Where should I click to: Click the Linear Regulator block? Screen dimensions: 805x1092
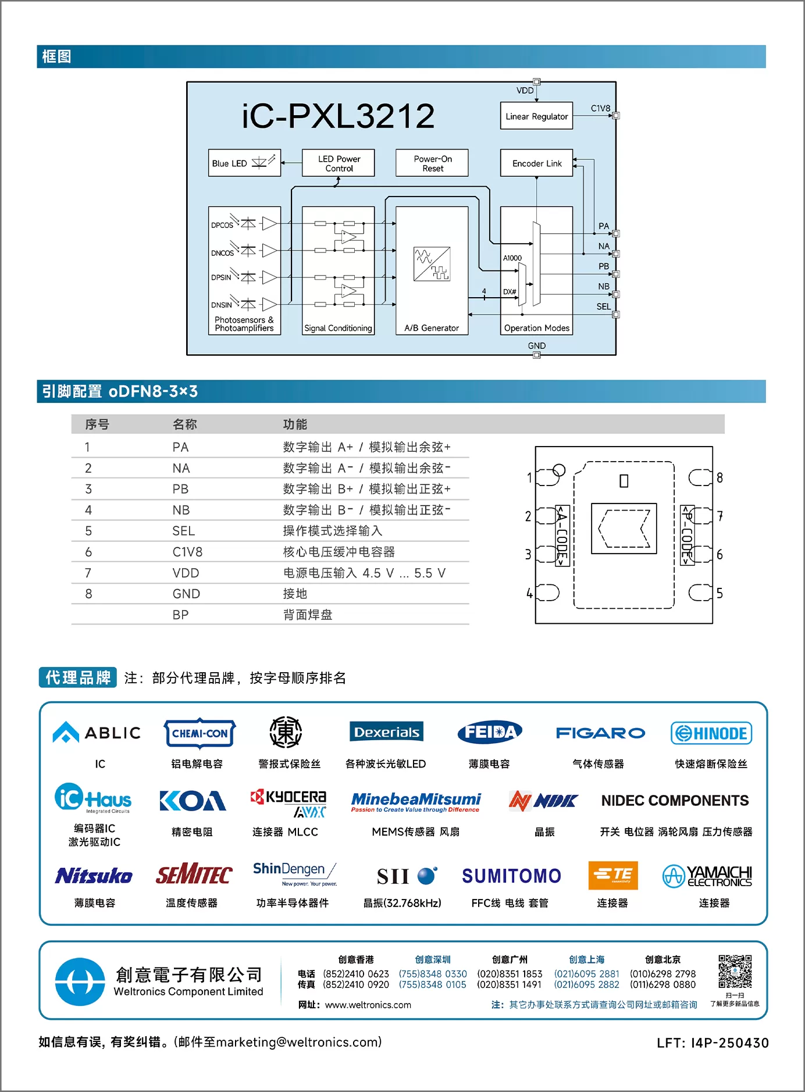[x=536, y=116]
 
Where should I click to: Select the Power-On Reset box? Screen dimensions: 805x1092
[x=432, y=163]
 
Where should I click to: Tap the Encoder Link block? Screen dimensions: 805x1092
[x=536, y=163]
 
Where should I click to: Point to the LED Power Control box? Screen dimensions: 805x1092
[x=339, y=163]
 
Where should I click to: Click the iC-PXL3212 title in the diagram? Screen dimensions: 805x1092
[x=338, y=116]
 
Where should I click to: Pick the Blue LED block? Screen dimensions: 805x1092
[x=245, y=163]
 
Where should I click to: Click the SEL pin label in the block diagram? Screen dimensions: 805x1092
[x=604, y=306]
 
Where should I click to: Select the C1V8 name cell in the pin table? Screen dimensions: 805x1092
[x=187, y=552]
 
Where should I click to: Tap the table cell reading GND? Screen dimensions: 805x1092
[x=186, y=594]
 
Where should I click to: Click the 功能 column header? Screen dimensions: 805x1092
[x=295, y=424]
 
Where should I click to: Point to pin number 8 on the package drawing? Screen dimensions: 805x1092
[x=720, y=477]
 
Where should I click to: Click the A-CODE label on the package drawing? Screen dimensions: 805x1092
[x=562, y=536]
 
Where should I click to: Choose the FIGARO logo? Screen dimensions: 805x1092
[x=600, y=733]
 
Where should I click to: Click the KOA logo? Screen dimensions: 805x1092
[x=193, y=801]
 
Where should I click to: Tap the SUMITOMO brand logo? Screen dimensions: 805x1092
[x=511, y=876]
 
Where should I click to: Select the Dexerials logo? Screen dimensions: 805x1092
[x=386, y=731]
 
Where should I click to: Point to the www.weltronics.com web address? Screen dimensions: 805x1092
[x=368, y=1005]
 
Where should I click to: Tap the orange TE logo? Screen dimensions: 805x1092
[x=613, y=875]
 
